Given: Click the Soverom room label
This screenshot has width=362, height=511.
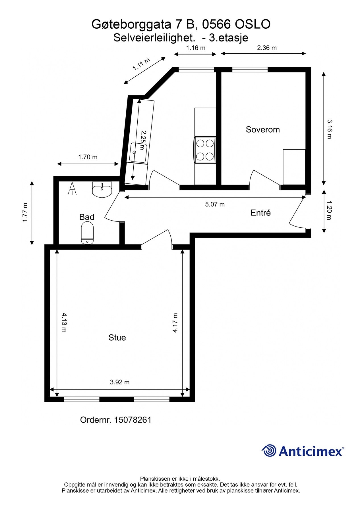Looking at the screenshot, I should coord(262,129).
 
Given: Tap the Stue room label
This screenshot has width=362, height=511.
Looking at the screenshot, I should coord(117,338).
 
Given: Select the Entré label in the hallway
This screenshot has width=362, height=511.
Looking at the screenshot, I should coord(260,213).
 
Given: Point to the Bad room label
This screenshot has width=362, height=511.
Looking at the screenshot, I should coord(86,217).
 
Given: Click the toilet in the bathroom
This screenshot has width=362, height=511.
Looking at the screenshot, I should coord(87,233).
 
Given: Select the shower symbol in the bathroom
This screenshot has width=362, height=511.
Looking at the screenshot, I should coord(72,189).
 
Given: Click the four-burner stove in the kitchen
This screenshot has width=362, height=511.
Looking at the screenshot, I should coord(205,150).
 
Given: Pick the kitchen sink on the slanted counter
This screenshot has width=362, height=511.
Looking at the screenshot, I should coord(138,153).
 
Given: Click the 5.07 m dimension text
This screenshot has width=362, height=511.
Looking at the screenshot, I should coord(215,204).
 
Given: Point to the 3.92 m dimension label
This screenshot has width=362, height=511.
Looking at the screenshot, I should coord(120,382).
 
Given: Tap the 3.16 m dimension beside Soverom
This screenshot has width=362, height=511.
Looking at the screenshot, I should coord(329,129).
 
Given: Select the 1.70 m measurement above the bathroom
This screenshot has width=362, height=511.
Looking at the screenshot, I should coord(88,157).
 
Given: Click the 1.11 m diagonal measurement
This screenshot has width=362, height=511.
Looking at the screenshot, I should coord(141,64).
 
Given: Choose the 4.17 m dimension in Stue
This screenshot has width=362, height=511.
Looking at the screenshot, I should coord(175,322).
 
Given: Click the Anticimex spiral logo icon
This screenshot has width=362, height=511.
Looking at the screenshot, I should coord(269,451).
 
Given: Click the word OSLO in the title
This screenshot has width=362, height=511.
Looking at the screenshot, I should coord(253,24).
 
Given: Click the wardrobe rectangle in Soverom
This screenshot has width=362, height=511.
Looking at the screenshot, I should coord(294,167).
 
